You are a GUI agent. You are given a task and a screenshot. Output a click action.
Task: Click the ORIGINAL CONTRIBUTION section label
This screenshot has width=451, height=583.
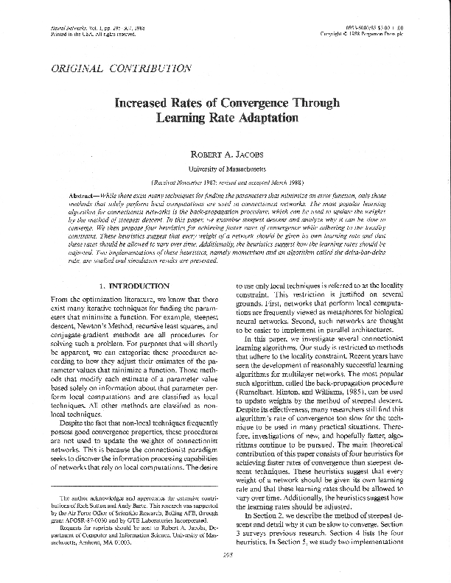120,68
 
